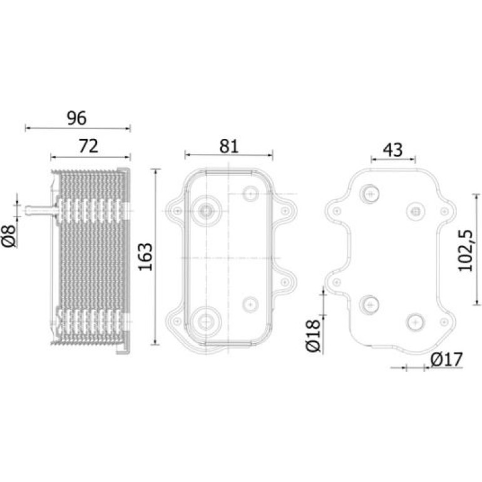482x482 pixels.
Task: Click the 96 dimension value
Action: point(77,118)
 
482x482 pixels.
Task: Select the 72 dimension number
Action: point(88,146)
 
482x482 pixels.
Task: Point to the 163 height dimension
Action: point(145,257)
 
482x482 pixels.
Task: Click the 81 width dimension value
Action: point(229,146)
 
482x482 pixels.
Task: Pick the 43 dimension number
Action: point(393,150)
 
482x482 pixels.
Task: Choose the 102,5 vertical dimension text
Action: point(465,250)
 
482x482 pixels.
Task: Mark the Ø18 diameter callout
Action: point(313,336)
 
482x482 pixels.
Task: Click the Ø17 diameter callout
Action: point(447,359)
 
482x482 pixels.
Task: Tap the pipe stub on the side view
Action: point(41,211)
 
